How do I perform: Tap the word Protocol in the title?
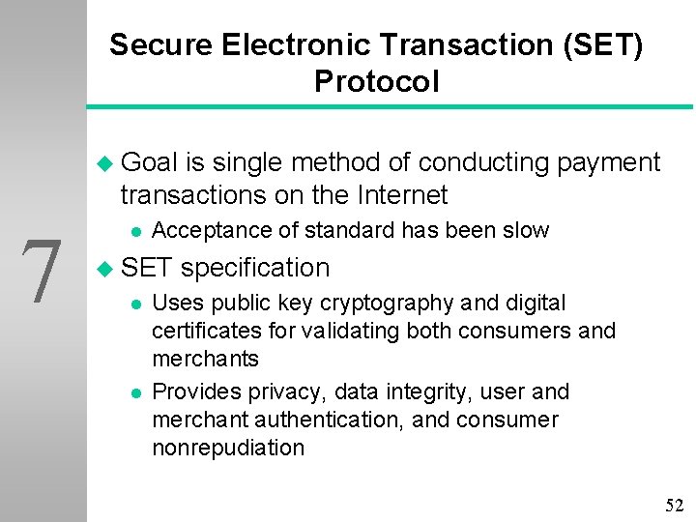click(376, 81)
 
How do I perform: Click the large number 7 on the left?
click(43, 272)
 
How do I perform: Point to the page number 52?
click(674, 506)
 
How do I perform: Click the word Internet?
click(400, 195)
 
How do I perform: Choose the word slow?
click(525, 230)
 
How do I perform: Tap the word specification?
click(255, 267)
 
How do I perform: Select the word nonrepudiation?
click(228, 448)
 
